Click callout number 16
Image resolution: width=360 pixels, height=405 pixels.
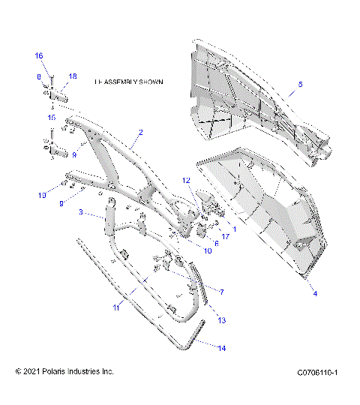39,56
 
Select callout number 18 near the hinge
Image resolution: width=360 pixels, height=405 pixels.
73,77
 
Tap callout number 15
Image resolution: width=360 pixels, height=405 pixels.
52,118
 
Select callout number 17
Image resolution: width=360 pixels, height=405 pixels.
224,238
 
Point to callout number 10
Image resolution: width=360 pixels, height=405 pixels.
207,250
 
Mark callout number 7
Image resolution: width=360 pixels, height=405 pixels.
221,289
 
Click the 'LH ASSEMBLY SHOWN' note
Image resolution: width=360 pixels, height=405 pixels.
128,80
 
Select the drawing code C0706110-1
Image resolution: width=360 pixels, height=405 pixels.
318,372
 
